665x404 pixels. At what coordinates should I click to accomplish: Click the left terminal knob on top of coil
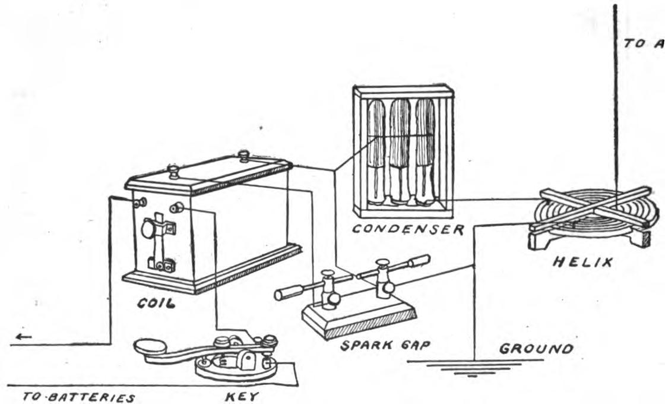point(173,172)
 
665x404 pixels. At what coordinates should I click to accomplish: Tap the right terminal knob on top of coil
point(243,156)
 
